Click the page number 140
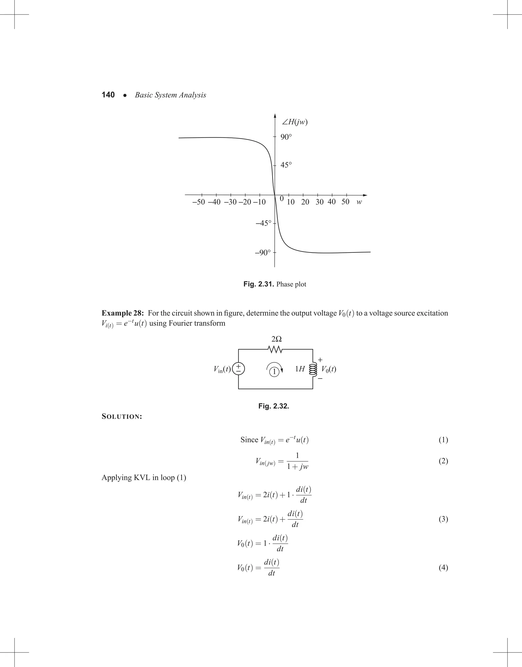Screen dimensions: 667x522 (x=108, y=95)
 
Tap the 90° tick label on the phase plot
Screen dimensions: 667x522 (x=286, y=137)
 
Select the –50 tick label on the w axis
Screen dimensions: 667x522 (x=198, y=202)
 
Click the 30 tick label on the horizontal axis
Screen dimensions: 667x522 (x=319, y=202)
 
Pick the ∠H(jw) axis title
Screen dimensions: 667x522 (x=295, y=122)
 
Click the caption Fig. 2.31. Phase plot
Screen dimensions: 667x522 (x=275, y=284)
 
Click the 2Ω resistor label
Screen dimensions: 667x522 (x=276, y=339)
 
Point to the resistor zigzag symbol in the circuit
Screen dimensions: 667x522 (x=275, y=349)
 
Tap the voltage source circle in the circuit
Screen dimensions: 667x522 (x=238, y=369)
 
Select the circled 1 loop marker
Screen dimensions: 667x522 (x=274, y=372)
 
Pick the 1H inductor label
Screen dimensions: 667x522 (x=300, y=369)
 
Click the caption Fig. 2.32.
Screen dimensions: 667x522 (x=273, y=406)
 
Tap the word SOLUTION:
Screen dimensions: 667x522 (x=122, y=417)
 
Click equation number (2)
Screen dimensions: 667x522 (x=443, y=461)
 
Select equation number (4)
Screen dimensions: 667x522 (x=443, y=568)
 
